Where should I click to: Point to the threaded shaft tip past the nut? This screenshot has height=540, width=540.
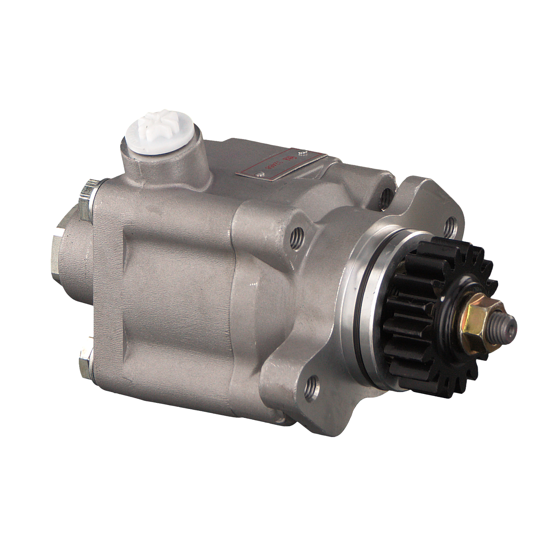point(506,326)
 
